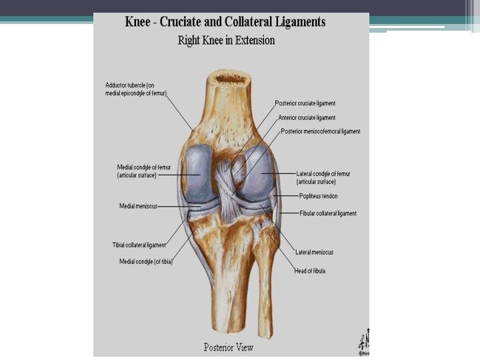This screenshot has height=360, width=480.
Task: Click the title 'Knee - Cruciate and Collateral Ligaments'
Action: coord(225,22)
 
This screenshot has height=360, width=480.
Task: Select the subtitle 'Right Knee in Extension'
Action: coord(226,40)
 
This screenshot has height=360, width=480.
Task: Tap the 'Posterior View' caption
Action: coord(229,347)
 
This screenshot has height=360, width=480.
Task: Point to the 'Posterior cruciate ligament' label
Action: coord(305,104)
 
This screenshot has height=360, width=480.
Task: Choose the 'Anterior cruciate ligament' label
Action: coord(307,117)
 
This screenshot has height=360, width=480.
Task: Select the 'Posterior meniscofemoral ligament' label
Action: coord(321,131)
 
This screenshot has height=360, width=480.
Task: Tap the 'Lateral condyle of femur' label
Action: coord(323,177)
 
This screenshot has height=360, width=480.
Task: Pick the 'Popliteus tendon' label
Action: coord(318,196)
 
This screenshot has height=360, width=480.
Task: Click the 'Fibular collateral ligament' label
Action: coord(327,213)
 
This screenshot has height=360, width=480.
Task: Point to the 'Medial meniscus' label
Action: coord(138,206)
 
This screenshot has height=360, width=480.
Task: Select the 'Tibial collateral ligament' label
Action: coord(139,245)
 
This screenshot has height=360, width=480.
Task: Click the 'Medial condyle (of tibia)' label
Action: coord(146,261)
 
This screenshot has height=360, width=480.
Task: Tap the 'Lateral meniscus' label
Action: coord(315,252)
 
